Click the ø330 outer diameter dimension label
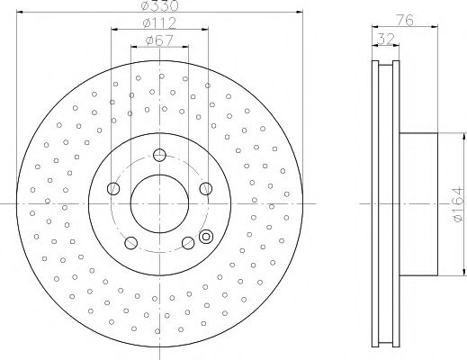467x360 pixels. point(160,7)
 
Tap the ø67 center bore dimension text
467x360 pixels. point(160,40)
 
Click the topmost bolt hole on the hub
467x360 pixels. point(160,153)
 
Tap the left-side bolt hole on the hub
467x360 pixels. point(113,188)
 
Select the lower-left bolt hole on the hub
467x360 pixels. point(131,242)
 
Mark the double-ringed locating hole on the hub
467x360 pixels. point(205,238)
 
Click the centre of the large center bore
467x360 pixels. point(160,203)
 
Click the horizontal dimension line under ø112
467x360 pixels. point(160,30)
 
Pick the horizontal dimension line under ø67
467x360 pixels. point(160,47)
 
